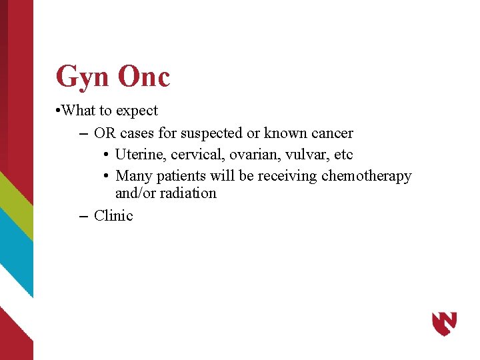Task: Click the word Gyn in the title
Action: (x=83, y=77)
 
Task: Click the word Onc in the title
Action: (x=144, y=77)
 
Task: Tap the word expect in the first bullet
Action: (x=137, y=111)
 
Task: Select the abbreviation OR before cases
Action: (x=105, y=133)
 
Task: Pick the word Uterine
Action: (x=141, y=155)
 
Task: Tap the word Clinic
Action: (x=113, y=216)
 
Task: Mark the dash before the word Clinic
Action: (x=83, y=216)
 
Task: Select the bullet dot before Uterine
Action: (x=107, y=155)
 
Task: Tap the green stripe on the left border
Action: (x=15, y=200)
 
